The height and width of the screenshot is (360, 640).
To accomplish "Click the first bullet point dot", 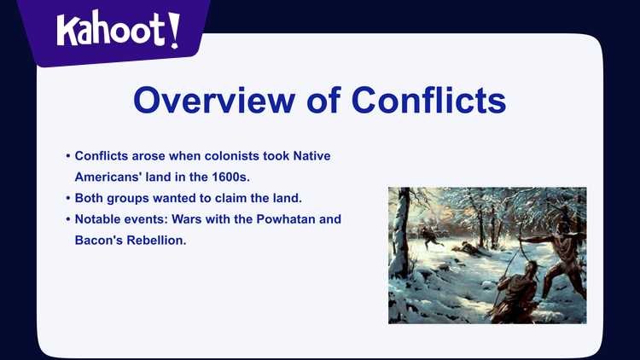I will tap(68, 157).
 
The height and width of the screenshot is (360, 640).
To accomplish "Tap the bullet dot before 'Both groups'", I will tap(68, 199).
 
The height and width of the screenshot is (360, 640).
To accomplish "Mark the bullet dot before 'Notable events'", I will tap(68, 220).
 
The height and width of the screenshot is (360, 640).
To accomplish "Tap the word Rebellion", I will tap(154, 241).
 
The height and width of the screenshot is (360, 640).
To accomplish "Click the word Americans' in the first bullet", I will tap(109, 177).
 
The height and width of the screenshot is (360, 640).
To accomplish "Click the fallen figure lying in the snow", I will tap(467, 247).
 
